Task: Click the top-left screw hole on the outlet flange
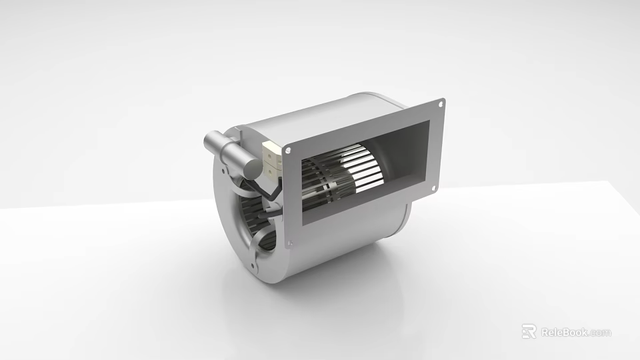tap(287, 151)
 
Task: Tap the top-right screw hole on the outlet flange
tap(441, 103)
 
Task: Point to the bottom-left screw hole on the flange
tap(290, 244)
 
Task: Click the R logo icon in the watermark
tap(529, 331)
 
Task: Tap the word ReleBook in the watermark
tap(563, 332)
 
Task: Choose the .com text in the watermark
tap(600, 332)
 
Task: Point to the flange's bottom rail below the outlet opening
tap(360, 220)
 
